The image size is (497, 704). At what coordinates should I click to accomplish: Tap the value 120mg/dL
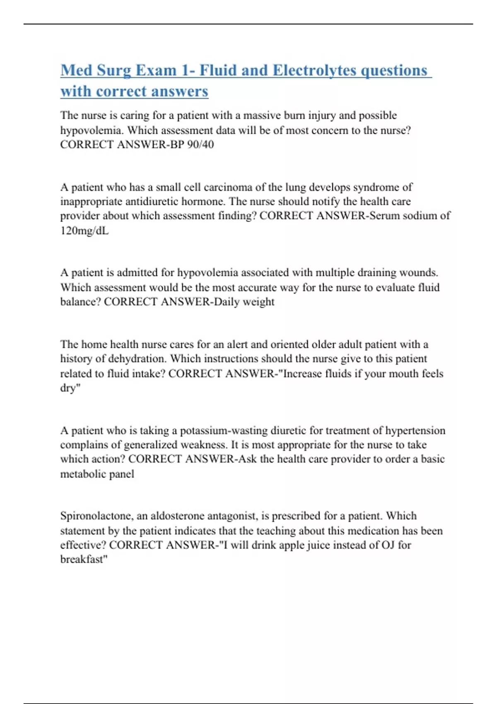(84, 231)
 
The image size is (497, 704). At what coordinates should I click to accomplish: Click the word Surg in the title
(113, 70)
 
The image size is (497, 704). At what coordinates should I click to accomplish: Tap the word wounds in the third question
(418, 273)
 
